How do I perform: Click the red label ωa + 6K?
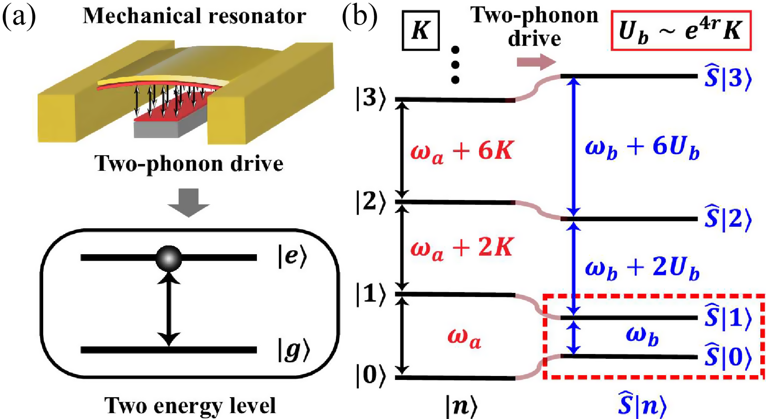point(462,151)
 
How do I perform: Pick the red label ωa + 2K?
point(462,248)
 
